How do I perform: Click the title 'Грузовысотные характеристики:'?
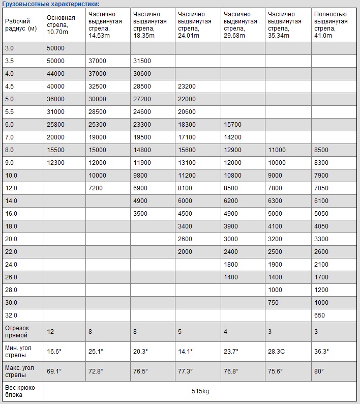coord(50,4)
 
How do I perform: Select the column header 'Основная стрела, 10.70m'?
coord(61,25)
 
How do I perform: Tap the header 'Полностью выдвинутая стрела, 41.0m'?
coord(331,25)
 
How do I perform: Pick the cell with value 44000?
coord(55,74)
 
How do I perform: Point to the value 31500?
coord(142,61)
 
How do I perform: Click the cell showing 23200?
coord(187,86)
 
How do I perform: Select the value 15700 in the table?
coord(232,125)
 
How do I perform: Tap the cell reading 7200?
coord(96,188)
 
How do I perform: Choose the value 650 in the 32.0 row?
coord(319,315)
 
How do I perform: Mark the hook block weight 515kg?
coord(200,391)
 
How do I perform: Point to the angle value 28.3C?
coord(277,351)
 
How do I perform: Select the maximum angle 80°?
coord(319,371)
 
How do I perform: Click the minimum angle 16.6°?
coord(54,351)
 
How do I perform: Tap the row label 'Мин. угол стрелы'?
coord(21,351)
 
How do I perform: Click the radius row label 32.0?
coord(11,315)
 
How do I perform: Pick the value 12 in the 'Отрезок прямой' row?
coord(50,332)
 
